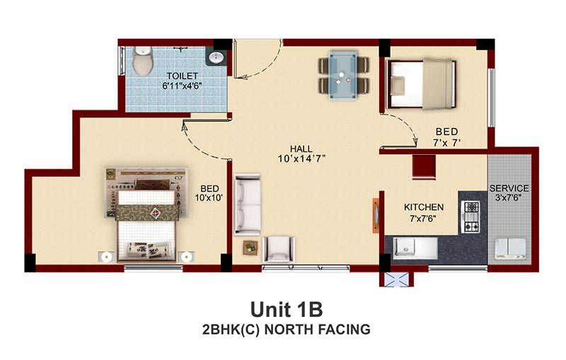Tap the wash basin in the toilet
click(216, 57)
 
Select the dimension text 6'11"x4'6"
click(182, 86)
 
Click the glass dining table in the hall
click(343, 75)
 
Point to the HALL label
click(301, 149)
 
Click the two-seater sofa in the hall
click(247, 204)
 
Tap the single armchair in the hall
click(278, 249)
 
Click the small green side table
click(250, 248)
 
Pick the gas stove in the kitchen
click(471, 217)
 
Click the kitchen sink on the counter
click(415, 248)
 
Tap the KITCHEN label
click(424, 207)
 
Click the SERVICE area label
click(509, 188)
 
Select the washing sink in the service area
click(510, 248)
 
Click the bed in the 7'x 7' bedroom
click(420, 83)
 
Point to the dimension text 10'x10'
click(209, 197)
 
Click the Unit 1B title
click(287, 310)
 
